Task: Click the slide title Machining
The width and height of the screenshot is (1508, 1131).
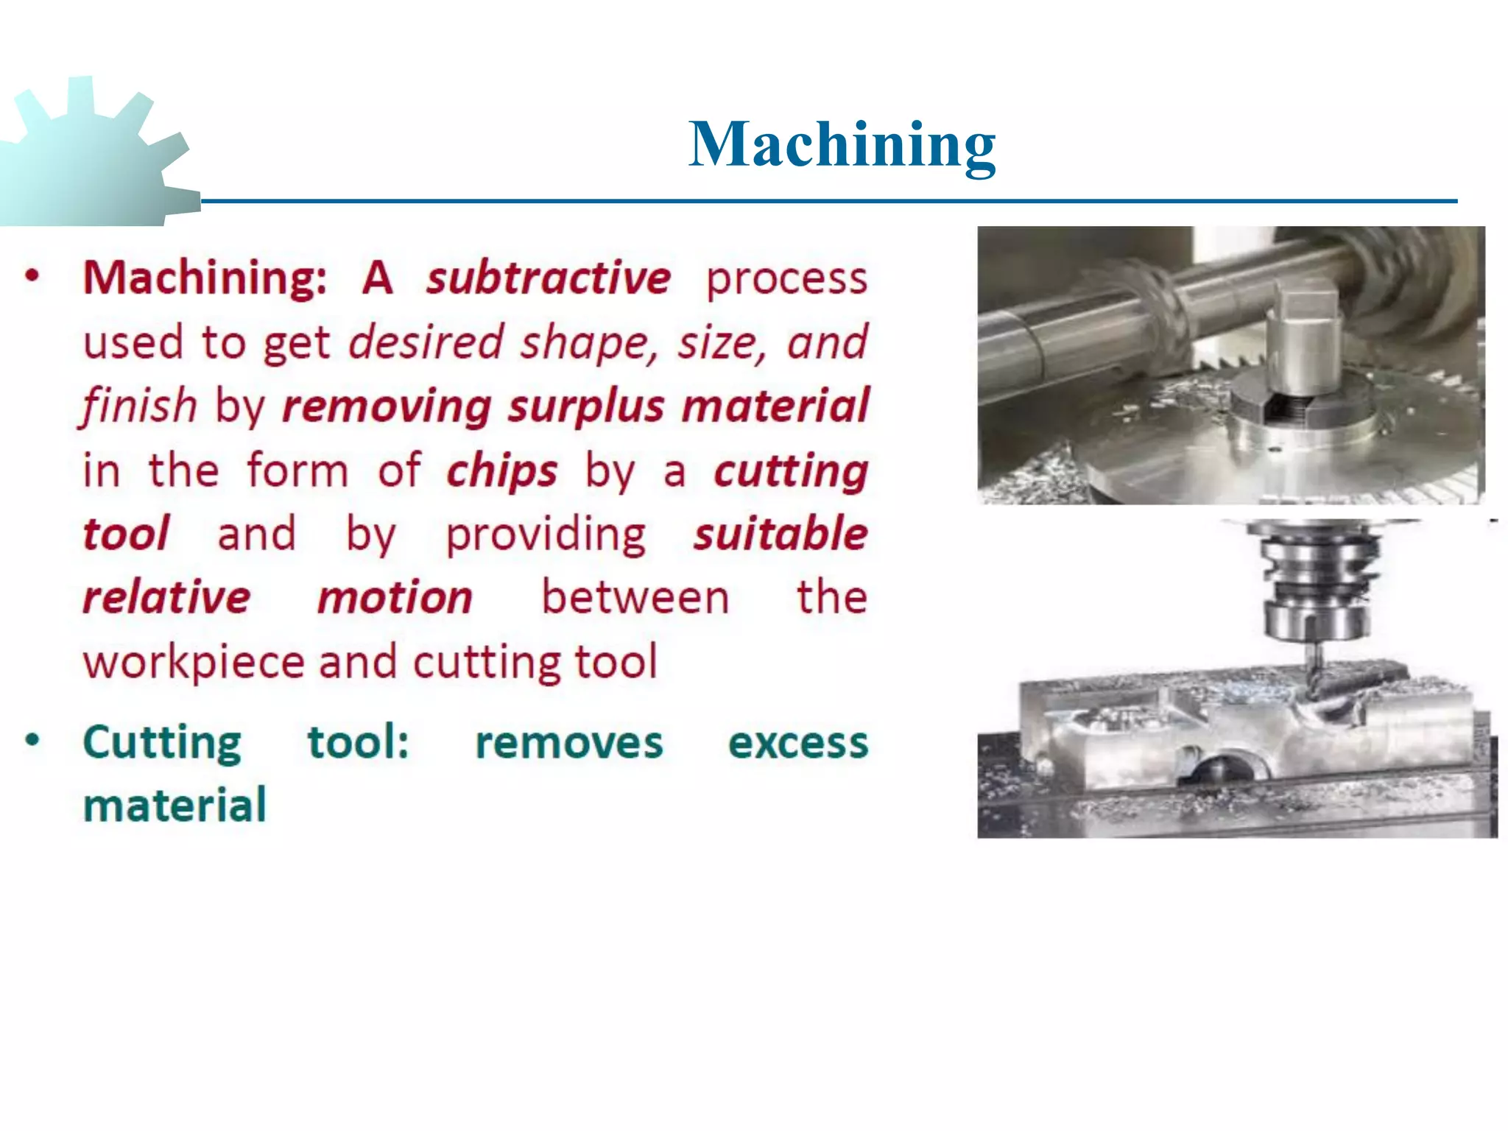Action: pos(842,145)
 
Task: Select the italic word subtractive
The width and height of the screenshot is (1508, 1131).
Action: pos(549,278)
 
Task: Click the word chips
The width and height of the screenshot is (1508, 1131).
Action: pos(502,471)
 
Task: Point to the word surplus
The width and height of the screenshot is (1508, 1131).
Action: pos(586,406)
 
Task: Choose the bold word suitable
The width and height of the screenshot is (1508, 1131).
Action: pos(781,534)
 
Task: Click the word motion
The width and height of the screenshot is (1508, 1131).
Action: pos(395,597)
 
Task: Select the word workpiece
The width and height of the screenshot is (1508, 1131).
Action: pos(193,663)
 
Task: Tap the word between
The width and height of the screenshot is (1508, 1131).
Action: pos(635,597)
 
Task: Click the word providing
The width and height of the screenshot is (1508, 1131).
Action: pos(546,535)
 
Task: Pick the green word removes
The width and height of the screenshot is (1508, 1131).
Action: pos(568,742)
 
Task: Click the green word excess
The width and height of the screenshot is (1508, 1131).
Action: pos(798,742)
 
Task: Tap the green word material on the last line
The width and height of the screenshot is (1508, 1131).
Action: pos(175,806)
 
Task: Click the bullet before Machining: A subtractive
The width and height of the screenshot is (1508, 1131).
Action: pos(32,276)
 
